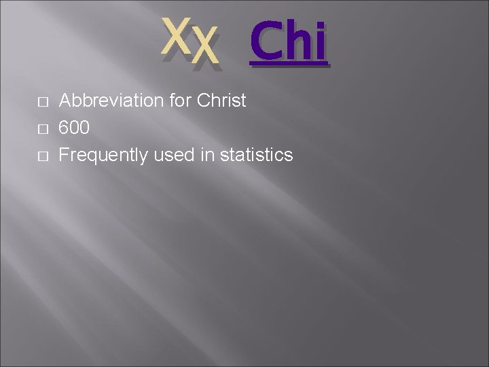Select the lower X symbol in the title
coord(204,49)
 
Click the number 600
coord(74,128)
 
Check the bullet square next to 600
coord(42,129)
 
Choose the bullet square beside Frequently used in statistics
coord(42,156)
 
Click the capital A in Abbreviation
coord(66,101)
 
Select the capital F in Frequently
coord(65,156)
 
